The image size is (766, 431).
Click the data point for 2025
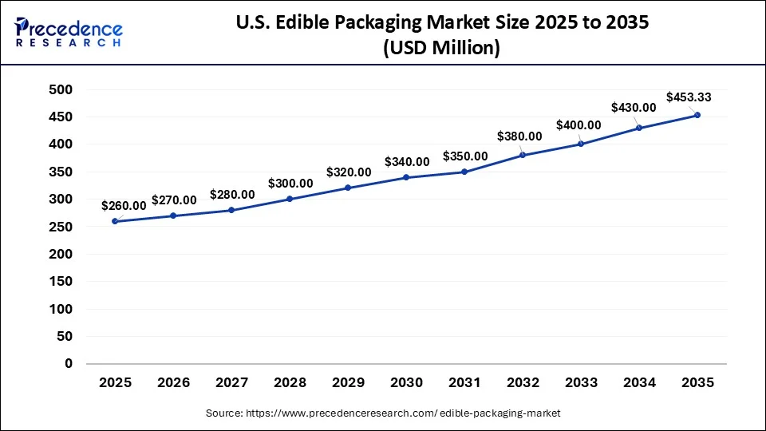coord(116,221)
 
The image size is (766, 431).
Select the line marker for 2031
coord(464,172)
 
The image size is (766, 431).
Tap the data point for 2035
coord(697,115)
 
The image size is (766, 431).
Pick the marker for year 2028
coord(290,199)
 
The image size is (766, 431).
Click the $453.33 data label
coord(689,97)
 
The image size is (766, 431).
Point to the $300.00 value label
coord(290,184)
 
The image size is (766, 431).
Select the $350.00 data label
coord(464,156)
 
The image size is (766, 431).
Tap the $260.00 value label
coord(124,205)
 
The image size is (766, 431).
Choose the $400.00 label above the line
coord(578,125)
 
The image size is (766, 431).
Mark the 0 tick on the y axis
coord(68,364)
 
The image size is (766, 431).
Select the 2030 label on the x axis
coord(406,383)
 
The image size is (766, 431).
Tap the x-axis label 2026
coord(174,383)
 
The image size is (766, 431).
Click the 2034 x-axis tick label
coord(639,383)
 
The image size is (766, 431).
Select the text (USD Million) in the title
coord(441,49)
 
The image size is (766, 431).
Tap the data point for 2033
coord(581,144)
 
